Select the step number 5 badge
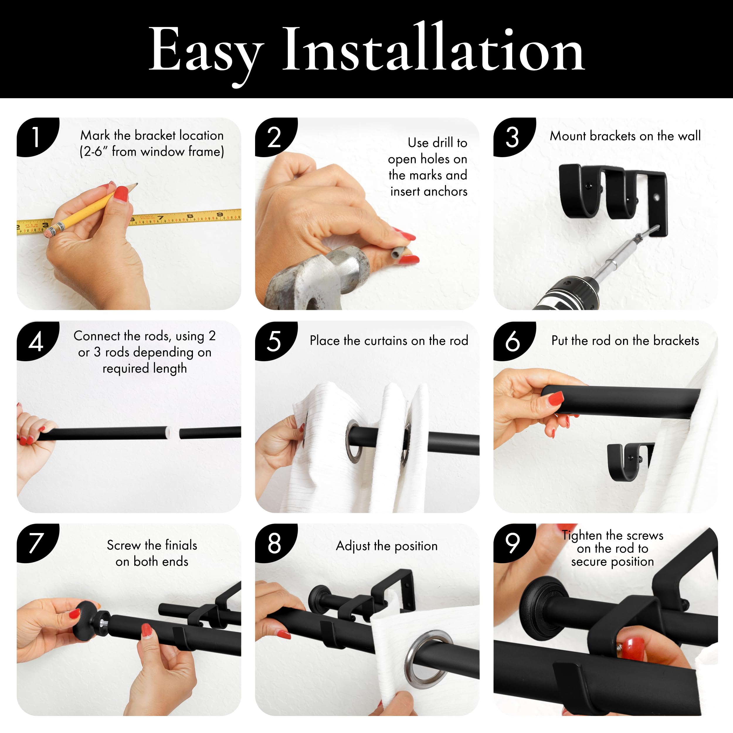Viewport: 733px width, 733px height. click(275, 341)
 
